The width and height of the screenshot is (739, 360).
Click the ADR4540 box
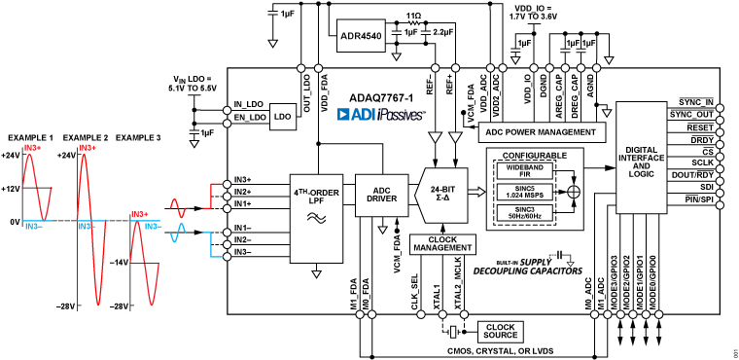click(361, 36)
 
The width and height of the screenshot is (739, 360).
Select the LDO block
click(283, 117)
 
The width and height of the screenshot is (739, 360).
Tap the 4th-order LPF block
click(316, 218)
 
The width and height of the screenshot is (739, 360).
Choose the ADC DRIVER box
click(381, 195)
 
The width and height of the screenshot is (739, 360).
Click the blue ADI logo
click(356, 114)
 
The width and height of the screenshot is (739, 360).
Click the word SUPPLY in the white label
click(536, 262)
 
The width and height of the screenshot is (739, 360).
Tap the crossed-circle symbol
click(574, 192)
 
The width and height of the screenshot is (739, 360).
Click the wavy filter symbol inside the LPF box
click(316, 218)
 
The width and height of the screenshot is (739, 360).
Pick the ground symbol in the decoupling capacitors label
click(570, 262)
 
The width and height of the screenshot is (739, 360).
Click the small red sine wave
click(178, 208)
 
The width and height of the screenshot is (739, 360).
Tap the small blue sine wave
click(178, 233)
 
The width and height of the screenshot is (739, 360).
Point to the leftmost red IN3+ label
click(33, 148)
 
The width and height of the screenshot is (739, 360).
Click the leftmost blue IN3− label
click(33, 227)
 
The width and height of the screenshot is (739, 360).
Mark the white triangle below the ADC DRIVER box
click(382, 230)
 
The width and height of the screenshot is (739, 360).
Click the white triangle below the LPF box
click(316, 274)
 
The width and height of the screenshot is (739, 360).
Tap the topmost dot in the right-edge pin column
click(720, 108)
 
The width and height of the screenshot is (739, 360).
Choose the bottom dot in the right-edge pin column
click(720, 205)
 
